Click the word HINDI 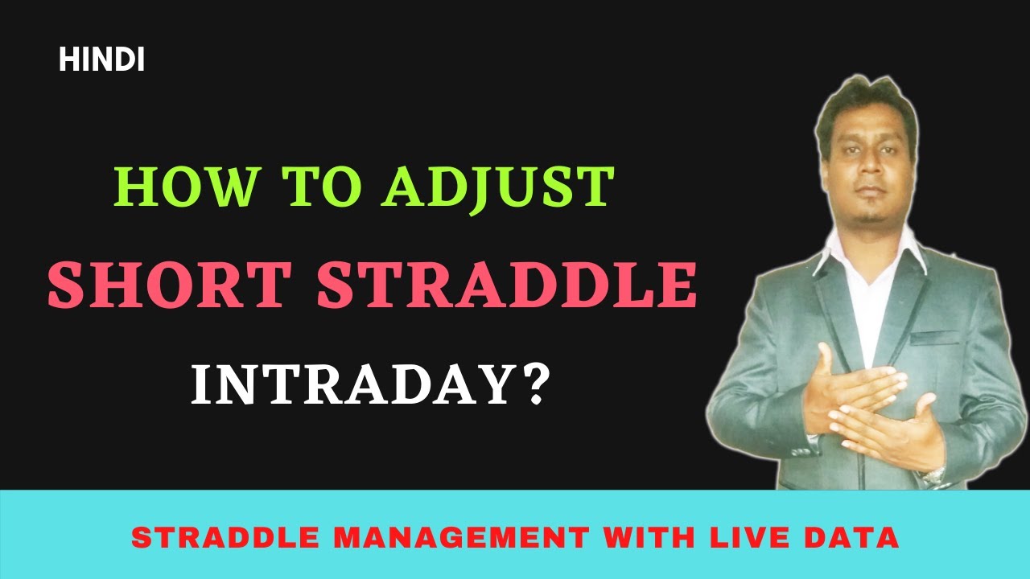tap(101, 61)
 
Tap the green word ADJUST tap(499, 187)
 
